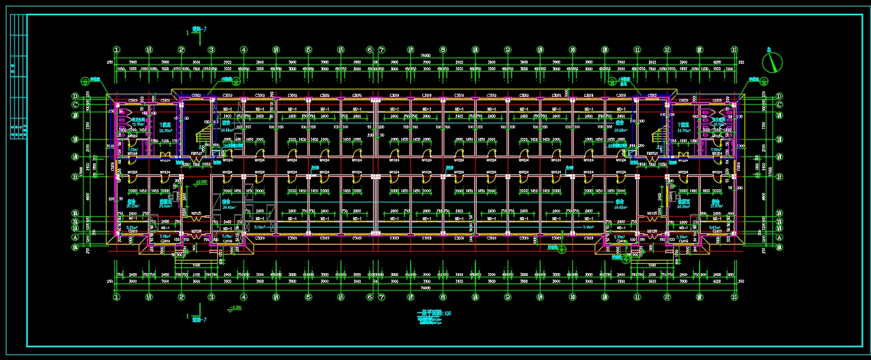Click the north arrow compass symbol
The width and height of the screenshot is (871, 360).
(x=773, y=61)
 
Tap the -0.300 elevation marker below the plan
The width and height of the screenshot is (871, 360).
(x=235, y=308)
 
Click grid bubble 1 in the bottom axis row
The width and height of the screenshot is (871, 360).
(x=116, y=296)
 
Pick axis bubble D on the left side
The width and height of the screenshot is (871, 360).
(x=75, y=96)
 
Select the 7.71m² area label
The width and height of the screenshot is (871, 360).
(x=132, y=150)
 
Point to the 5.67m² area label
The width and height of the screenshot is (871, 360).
(x=715, y=227)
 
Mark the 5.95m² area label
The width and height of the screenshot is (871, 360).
(x=132, y=227)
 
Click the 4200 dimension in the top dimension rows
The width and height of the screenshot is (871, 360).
(x=716, y=62)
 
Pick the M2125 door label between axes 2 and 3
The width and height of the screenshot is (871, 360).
(x=196, y=213)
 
